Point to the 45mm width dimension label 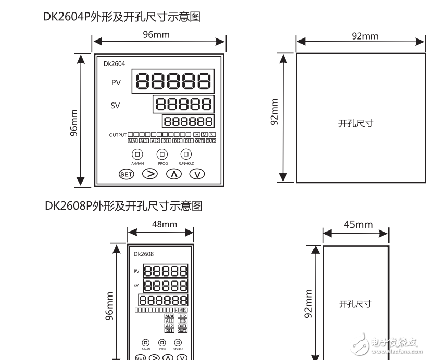coord(358,224)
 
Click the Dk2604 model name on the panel coord(114,64)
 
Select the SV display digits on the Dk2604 coord(183,104)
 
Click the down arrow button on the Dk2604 coord(196,174)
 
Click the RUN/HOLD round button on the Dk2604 coord(186,154)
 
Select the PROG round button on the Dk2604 coord(162,154)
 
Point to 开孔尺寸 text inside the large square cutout coord(356,123)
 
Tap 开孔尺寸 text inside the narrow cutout coord(355,304)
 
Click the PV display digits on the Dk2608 coord(165,271)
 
